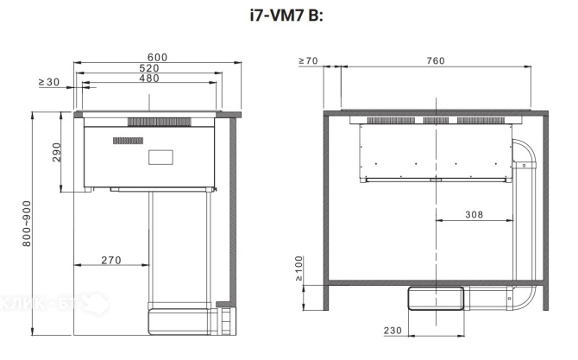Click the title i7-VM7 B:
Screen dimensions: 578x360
coord(286,16)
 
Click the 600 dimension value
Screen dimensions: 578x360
coord(157,58)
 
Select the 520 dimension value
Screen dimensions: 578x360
coord(149,68)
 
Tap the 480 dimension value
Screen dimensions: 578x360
coord(149,79)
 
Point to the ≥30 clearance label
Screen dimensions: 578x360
coord(49,82)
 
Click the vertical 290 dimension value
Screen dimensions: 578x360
coord(56,152)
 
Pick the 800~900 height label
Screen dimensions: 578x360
coord(27,224)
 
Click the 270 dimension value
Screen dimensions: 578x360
coord(111,261)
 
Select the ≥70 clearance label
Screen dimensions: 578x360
coord(308,60)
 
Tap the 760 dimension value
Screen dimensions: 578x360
coord(436,60)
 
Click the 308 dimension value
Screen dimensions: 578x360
coord(474,215)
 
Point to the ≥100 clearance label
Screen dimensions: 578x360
coord(299,268)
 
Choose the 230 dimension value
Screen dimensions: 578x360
coord(393,331)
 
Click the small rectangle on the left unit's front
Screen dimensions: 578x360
coord(160,157)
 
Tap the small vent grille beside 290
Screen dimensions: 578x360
coord(128,141)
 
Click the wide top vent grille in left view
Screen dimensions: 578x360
coord(160,122)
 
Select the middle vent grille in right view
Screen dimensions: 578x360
coord(436,121)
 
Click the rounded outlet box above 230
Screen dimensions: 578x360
coord(436,299)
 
